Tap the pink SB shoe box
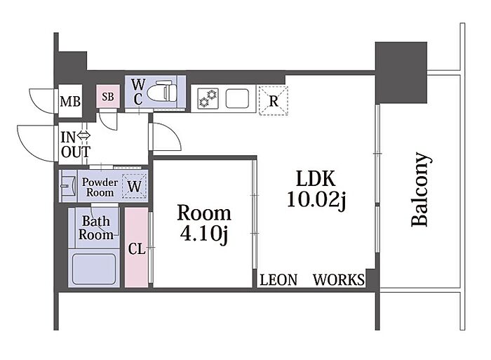pyautogui.click(x=109, y=98)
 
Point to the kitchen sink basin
pyautogui.click(x=237, y=98)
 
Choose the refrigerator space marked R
pyautogui.click(x=272, y=100)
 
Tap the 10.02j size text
pyautogui.click(x=316, y=201)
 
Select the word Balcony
pyautogui.click(x=419, y=189)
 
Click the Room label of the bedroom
pyautogui.click(x=203, y=213)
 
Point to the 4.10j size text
pyautogui.click(x=203, y=235)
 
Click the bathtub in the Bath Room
pyautogui.click(x=94, y=267)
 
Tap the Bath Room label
pyautogui.click(x=96, y=228)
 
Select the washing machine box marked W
pyautogui.click(x=134, y=187)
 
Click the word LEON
pyautogui.click(x=278, y=281)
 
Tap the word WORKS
pyautogui.click(x=338, y=281)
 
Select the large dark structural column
pyautogui.click(x=401, y=72)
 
